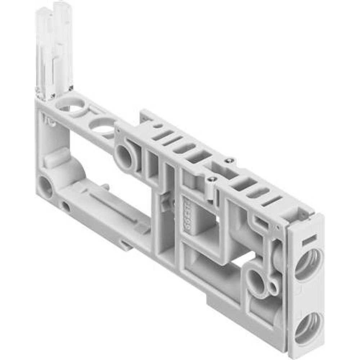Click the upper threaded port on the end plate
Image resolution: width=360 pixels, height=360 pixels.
click(308, 264)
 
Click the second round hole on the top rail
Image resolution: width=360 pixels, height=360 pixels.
click(103, 126)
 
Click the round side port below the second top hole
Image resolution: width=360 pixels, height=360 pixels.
click(124, 157)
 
